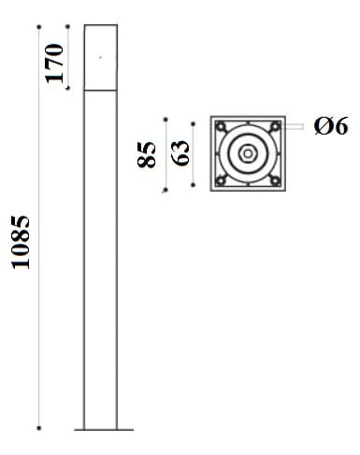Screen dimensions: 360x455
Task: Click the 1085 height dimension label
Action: click(x=21, y=242)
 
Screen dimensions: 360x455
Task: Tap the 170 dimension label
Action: click(x=54, y=64)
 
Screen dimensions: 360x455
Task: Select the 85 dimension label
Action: click(x=146, y=155)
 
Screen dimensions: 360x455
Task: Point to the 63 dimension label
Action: click(x=180, y=153)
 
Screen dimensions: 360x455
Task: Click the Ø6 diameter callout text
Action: click(x=331, y=126)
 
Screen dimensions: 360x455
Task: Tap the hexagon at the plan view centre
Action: click(x=248, y=153)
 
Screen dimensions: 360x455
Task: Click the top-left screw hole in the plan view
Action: click(x=221, y=126)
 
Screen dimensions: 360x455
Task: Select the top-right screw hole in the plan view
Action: click(x=275, y=126)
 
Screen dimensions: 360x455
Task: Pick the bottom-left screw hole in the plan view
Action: click(x=221, y=180)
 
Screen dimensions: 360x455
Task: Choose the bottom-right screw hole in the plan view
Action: click(x=275, y=180)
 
